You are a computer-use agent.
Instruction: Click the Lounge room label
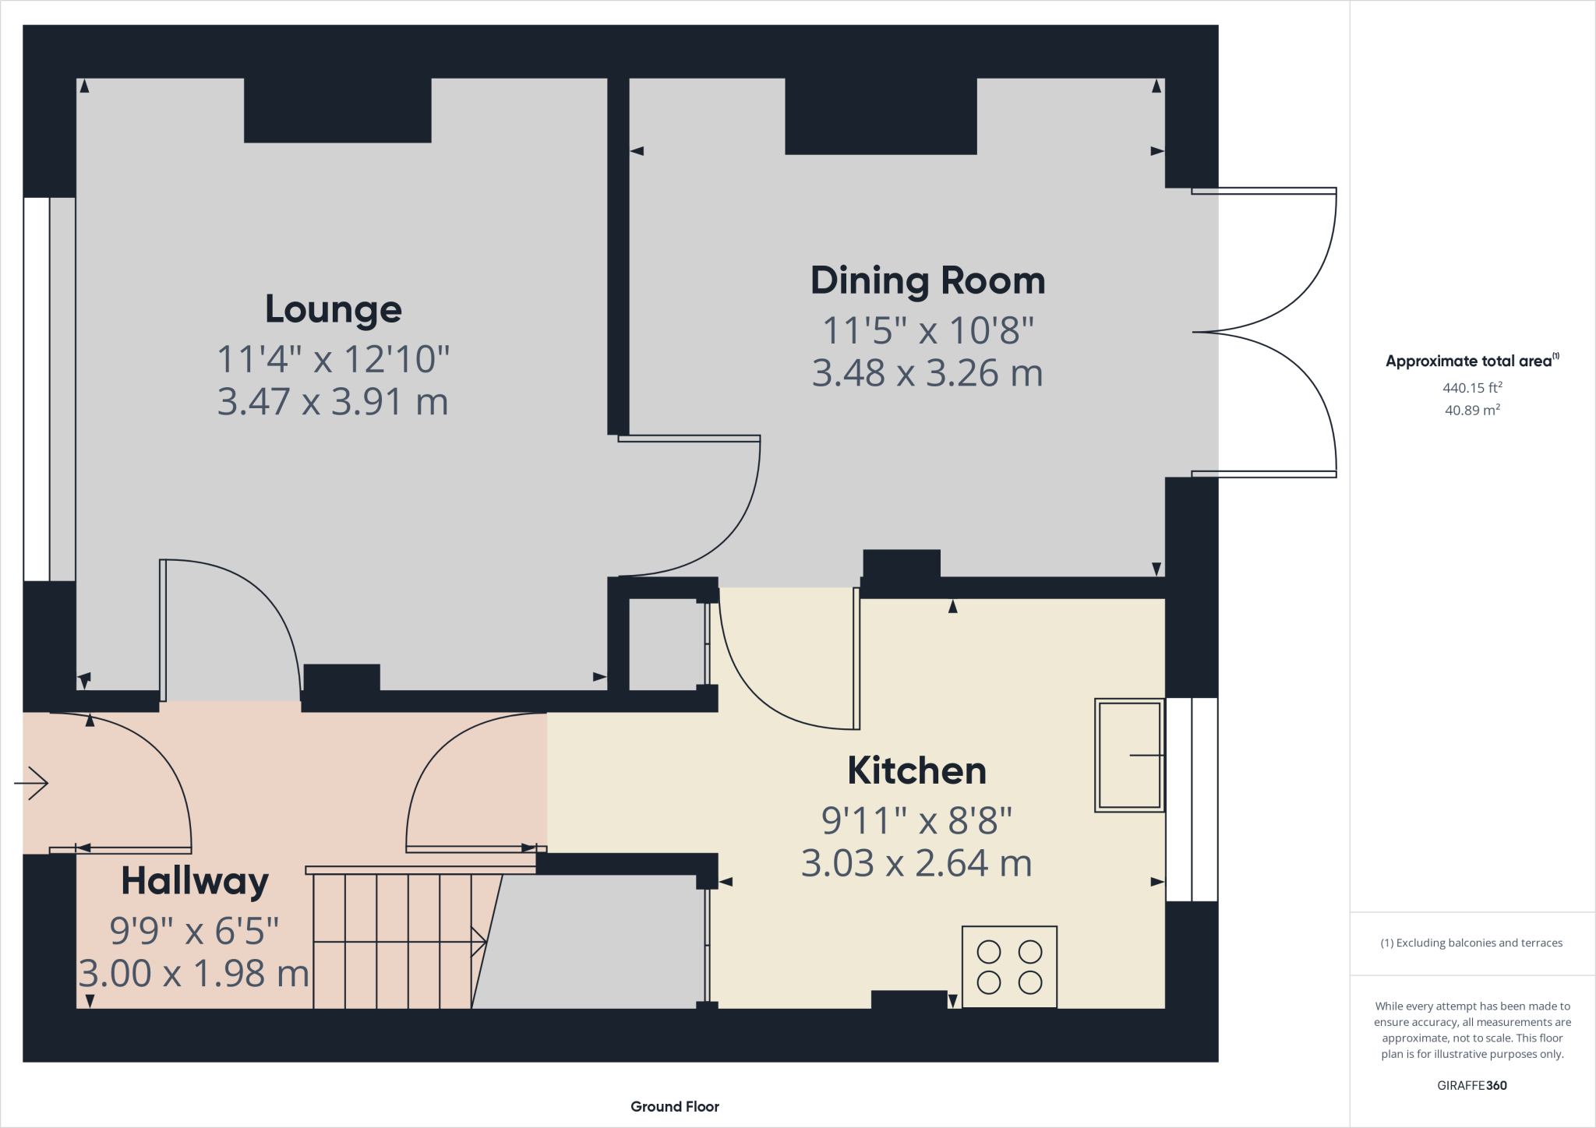[334, 310]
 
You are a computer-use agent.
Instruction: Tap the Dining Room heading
[927, 281]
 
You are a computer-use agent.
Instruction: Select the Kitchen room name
[917, 770]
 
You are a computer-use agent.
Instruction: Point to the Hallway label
[195, 883]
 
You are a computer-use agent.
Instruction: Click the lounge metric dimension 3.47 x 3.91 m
[333, 402]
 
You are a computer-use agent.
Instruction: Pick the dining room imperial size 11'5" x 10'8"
[928, 330]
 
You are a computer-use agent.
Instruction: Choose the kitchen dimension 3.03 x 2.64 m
[916, 863]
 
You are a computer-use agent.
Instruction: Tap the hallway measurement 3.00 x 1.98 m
[194, 974]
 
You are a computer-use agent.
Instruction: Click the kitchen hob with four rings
[1009, 967]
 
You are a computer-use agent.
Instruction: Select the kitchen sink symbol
[1129, 755]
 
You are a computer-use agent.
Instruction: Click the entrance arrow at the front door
[31, 783]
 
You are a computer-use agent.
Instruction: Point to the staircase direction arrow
[401, 942]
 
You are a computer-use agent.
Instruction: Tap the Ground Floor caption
[675, 1106]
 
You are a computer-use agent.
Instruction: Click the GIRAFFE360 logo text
[1472, 1085]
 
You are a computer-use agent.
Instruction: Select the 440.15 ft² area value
[1472, 387]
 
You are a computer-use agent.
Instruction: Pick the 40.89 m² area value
[1472, 410]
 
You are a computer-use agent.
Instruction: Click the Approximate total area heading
[1472, 361]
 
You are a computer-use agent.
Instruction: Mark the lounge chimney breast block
[337, 110]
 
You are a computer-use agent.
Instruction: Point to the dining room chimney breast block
[881, 116]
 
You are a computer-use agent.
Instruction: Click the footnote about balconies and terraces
[1471, 943]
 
